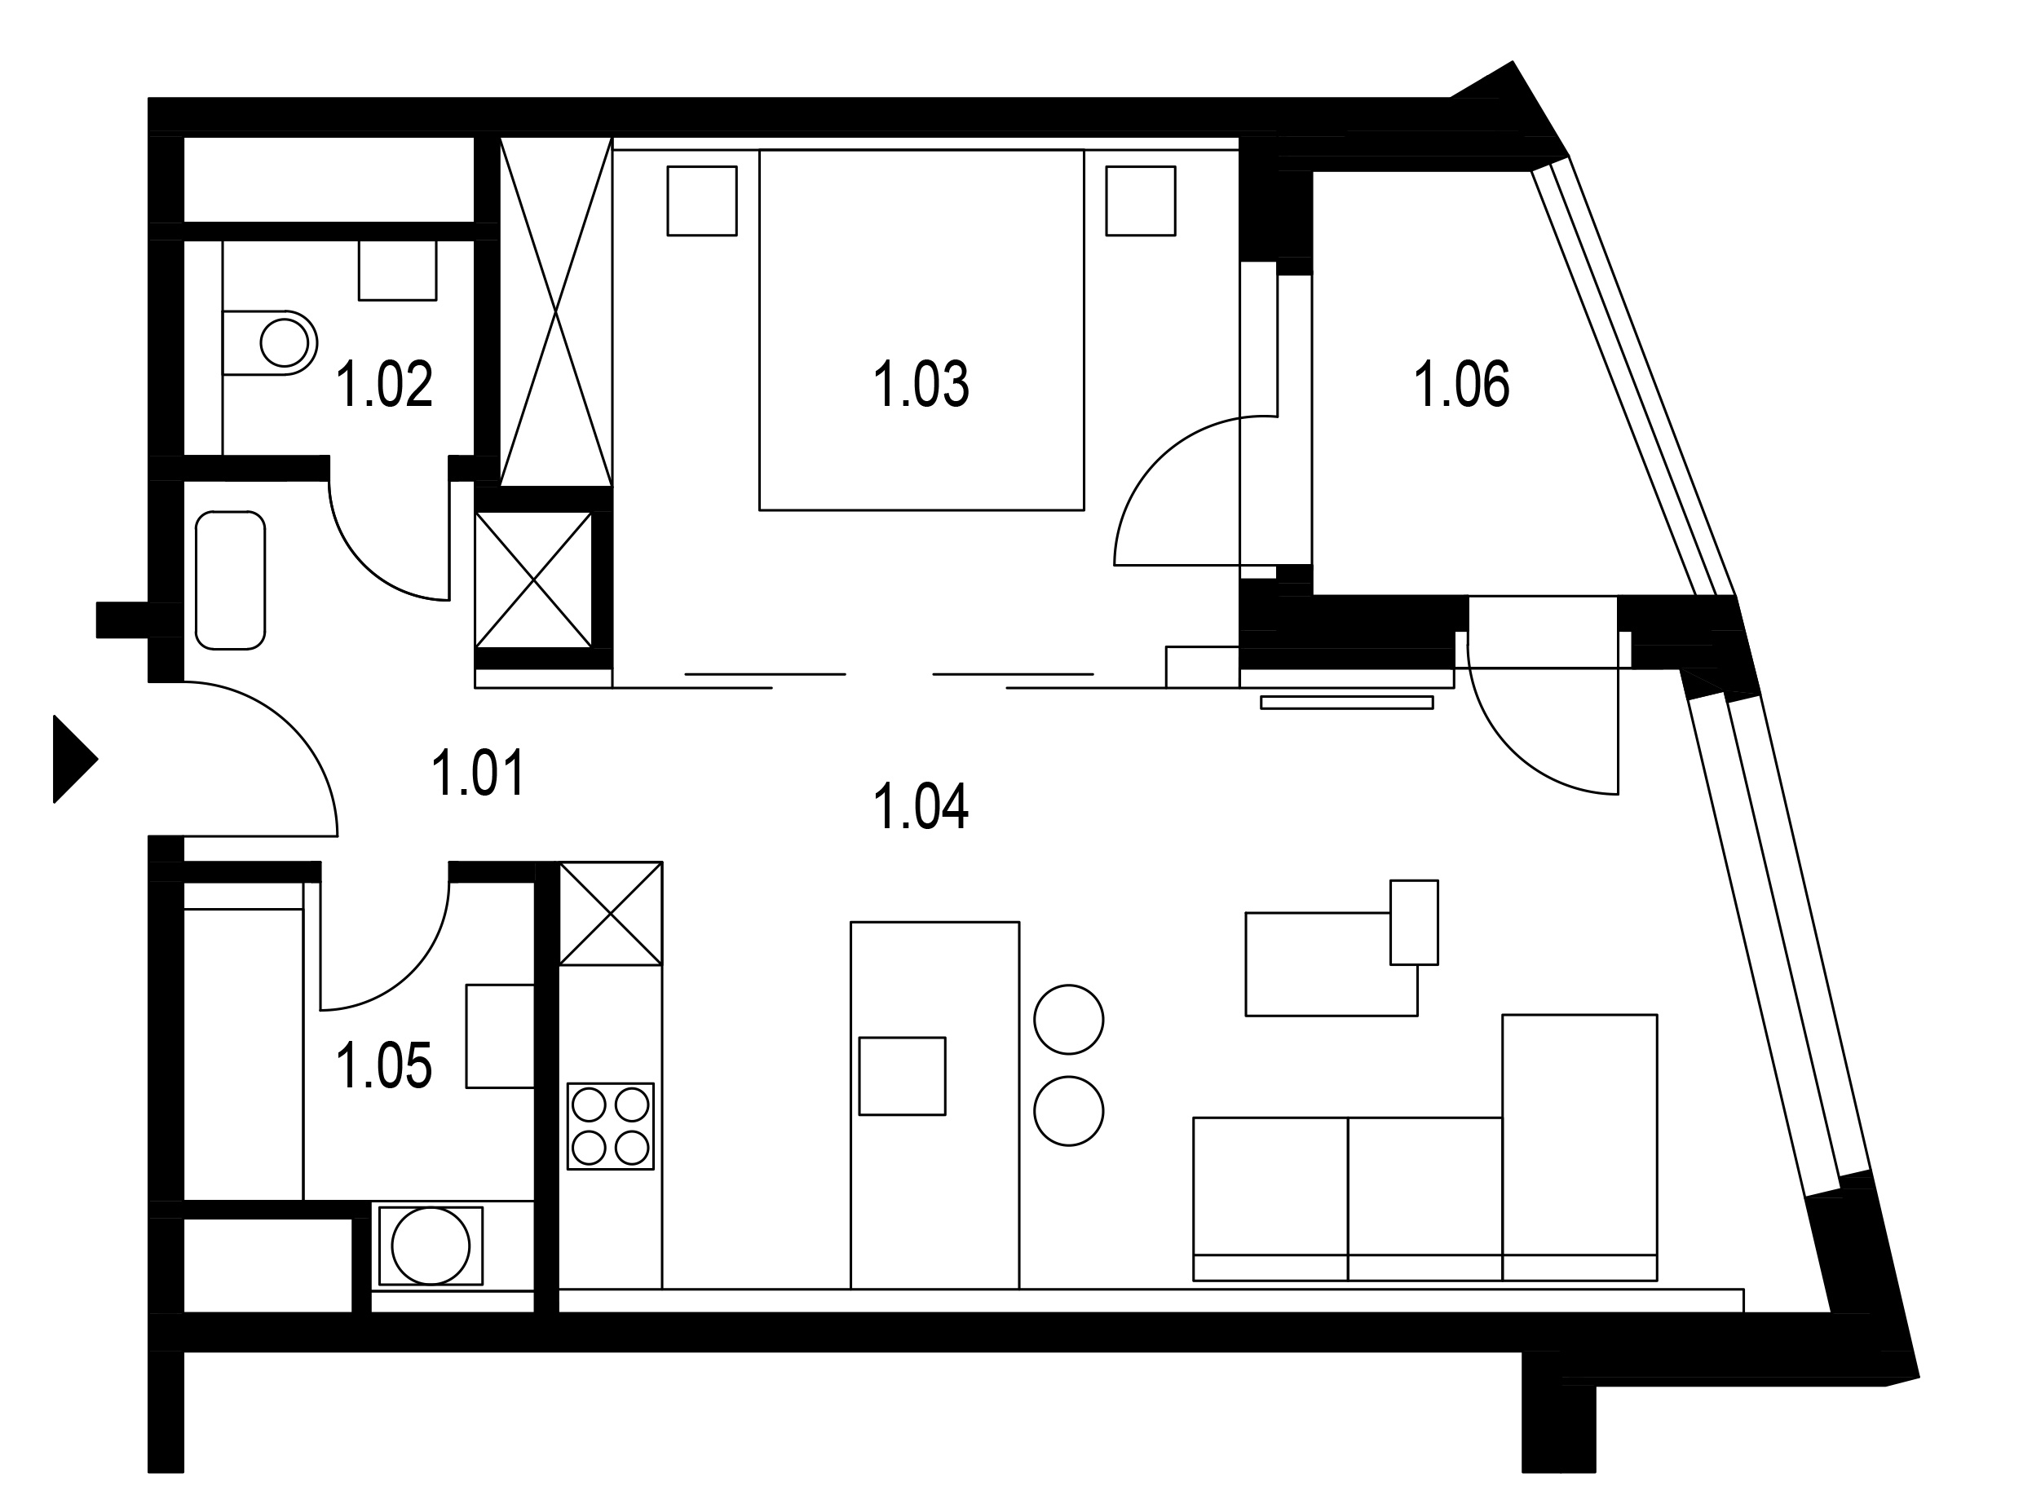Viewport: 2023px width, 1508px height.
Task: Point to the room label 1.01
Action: click(x=479, y=774)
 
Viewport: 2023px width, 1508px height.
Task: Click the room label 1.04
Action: click(x=921, y=806)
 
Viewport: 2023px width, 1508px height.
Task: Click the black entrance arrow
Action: click(x=76, y=759)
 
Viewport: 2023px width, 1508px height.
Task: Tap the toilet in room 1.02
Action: click(x=270, y=343)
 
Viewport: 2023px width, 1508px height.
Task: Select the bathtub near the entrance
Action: click(x=230, y=580)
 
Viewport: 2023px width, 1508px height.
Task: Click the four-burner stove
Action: click(x=611, y=1127)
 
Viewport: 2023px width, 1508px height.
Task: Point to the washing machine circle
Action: click(x=431, y=1246)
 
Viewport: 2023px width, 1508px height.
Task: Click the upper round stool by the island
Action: click(x=1069, y=1020)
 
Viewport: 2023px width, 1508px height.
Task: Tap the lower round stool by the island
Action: click(x=1069, y=1111)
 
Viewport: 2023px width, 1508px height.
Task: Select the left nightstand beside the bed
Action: click(x=702, y=201)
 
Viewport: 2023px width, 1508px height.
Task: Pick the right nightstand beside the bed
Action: click(x=1141, y=201)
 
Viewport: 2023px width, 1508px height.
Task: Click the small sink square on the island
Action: click(x=902, y=1076)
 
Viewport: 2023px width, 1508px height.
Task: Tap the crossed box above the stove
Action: click(x=611, y=913)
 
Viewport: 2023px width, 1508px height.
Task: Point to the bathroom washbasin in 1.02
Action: click(x=397, y=270)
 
